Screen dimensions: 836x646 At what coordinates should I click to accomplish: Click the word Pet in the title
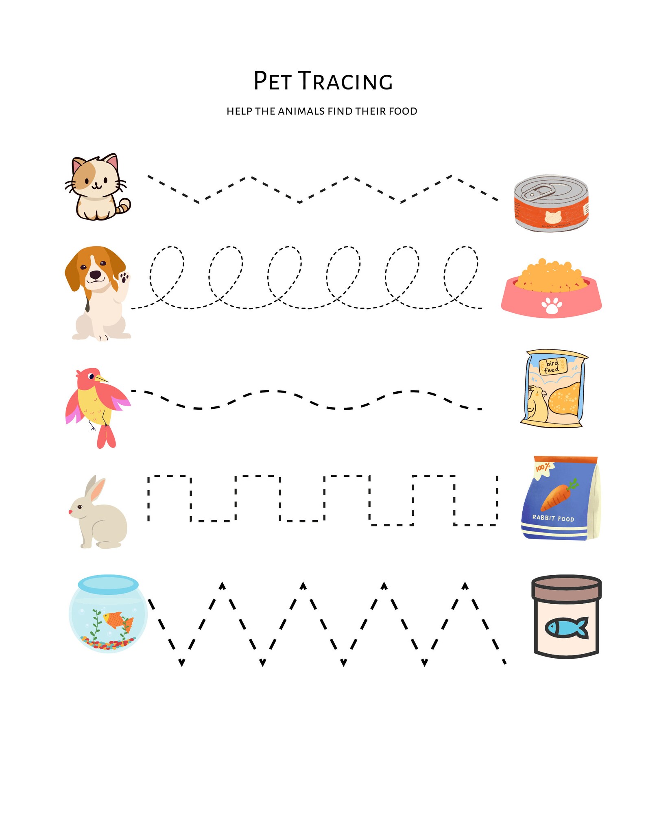click(272, 81)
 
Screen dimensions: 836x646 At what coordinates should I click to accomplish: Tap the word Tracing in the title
click(346, 81)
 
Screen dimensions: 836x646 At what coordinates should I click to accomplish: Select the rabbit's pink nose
click(71, 512)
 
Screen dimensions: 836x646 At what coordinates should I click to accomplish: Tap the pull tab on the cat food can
click(539, 191)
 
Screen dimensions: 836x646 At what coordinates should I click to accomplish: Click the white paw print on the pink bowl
click(552, 306)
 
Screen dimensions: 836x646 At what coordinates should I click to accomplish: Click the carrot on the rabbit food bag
click(557, 496)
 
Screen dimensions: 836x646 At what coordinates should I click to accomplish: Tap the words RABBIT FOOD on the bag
click(553, 518)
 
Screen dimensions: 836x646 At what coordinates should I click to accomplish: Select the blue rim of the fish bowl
click(108, 583)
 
